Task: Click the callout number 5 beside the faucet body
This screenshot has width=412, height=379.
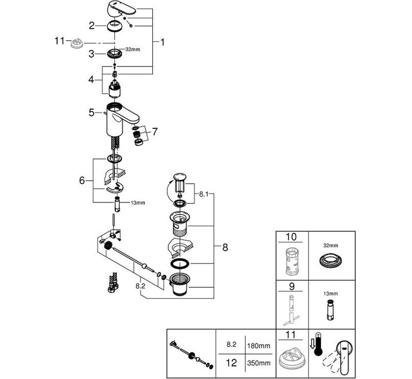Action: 92,112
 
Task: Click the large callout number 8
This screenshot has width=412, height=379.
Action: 225,247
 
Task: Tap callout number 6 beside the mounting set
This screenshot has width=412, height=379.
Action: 82,180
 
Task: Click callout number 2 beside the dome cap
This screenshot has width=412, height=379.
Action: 92,26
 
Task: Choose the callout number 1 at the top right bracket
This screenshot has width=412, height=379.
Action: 162,42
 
